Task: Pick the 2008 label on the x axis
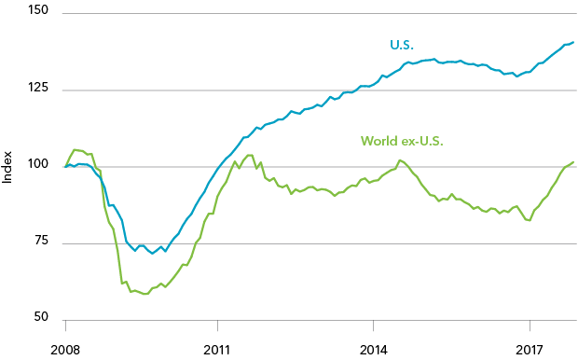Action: coord(64,350)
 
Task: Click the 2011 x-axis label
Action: coord(217,350)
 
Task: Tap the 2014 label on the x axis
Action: coord(373,350)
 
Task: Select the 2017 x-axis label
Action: coord(530,350)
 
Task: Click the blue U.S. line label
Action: coord(402,45)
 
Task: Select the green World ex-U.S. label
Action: coord(402,142)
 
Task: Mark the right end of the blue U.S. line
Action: coord(572,42)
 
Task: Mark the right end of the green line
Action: coord(572,162)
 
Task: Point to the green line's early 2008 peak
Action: coord(76,149)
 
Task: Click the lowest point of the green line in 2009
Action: coord(145,294)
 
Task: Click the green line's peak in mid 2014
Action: coord(400,160)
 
